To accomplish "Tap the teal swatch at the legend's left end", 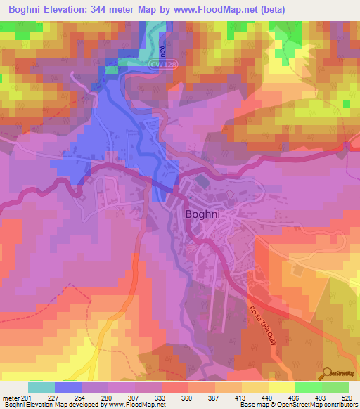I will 41,387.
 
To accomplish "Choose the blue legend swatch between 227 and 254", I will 68,387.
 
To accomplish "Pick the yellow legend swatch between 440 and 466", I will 281,387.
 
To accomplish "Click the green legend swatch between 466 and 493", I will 308,387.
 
